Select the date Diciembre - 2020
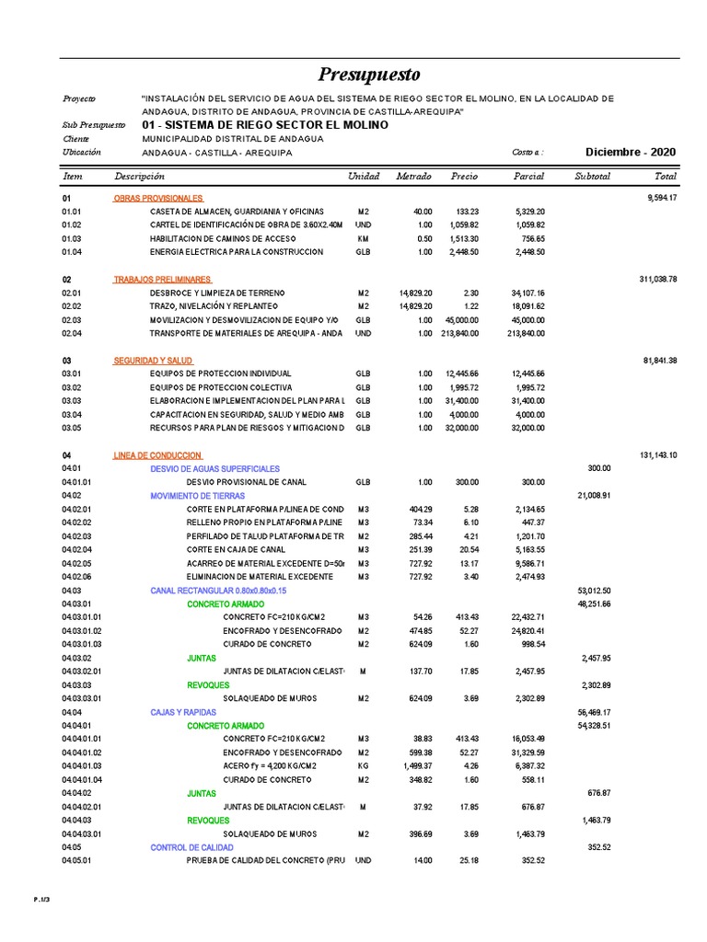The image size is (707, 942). click(631, 152)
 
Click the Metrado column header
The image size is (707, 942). click(413, 176)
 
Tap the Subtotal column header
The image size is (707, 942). click(591, 176)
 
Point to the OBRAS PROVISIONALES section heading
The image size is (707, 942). click(157, 198)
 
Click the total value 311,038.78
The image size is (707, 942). click(658, 279)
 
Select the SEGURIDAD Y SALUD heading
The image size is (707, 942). click(153, 360)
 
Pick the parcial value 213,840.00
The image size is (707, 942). click(527, 333)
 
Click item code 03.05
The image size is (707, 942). click(72, 428)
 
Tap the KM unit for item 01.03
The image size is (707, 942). click(363, 238)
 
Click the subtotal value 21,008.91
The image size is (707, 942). click(594, 496)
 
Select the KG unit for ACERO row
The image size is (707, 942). click(363, 765)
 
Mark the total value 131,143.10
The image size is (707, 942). click(658, 455)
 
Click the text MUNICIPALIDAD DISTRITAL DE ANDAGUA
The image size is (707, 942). click(233, 139)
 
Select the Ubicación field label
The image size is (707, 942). click(81, 152)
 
